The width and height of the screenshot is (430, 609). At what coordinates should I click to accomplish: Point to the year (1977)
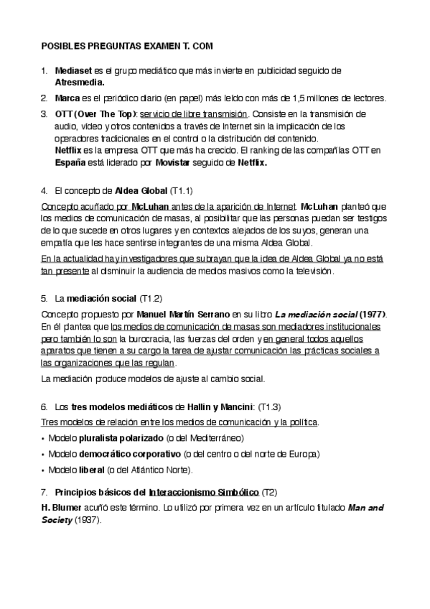click(x=372, y=314)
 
